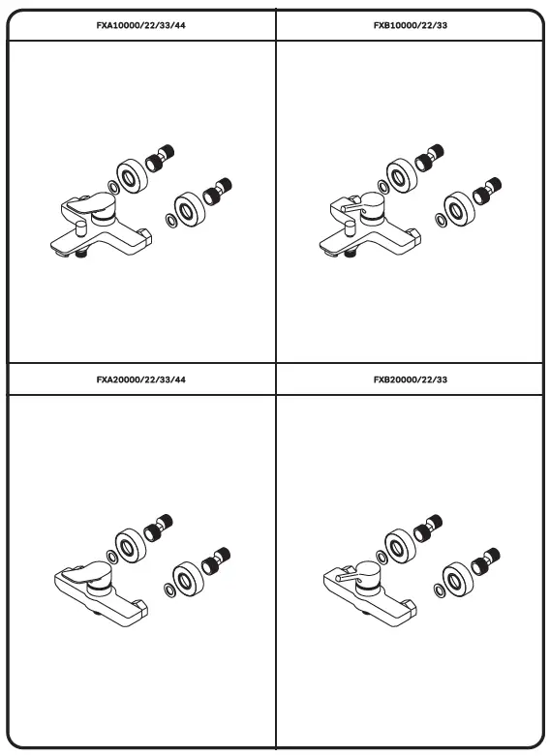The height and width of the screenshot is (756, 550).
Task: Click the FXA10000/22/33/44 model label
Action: [x=140, y=25]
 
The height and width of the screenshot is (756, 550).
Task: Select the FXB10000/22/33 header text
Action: [x=411, y=25]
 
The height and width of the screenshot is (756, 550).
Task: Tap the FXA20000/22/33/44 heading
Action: [x=140, y=379]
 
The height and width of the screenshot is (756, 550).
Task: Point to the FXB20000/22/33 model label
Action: [x=411, y=379]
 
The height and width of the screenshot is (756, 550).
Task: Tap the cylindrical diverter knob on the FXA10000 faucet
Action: [x=80, y=228]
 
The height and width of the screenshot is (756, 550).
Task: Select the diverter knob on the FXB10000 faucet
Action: [x=350, y=228]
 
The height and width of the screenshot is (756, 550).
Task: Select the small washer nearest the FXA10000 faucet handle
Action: [x=112, y=188]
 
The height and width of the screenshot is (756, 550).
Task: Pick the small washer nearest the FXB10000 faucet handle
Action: [x=382, y=187]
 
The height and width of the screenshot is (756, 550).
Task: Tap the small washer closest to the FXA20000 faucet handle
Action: [x=111, y=558]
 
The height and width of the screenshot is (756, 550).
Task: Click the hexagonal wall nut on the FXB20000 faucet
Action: [x=411, y=608]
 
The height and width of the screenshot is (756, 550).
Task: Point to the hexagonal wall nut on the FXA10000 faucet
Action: [x=144, y=237]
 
